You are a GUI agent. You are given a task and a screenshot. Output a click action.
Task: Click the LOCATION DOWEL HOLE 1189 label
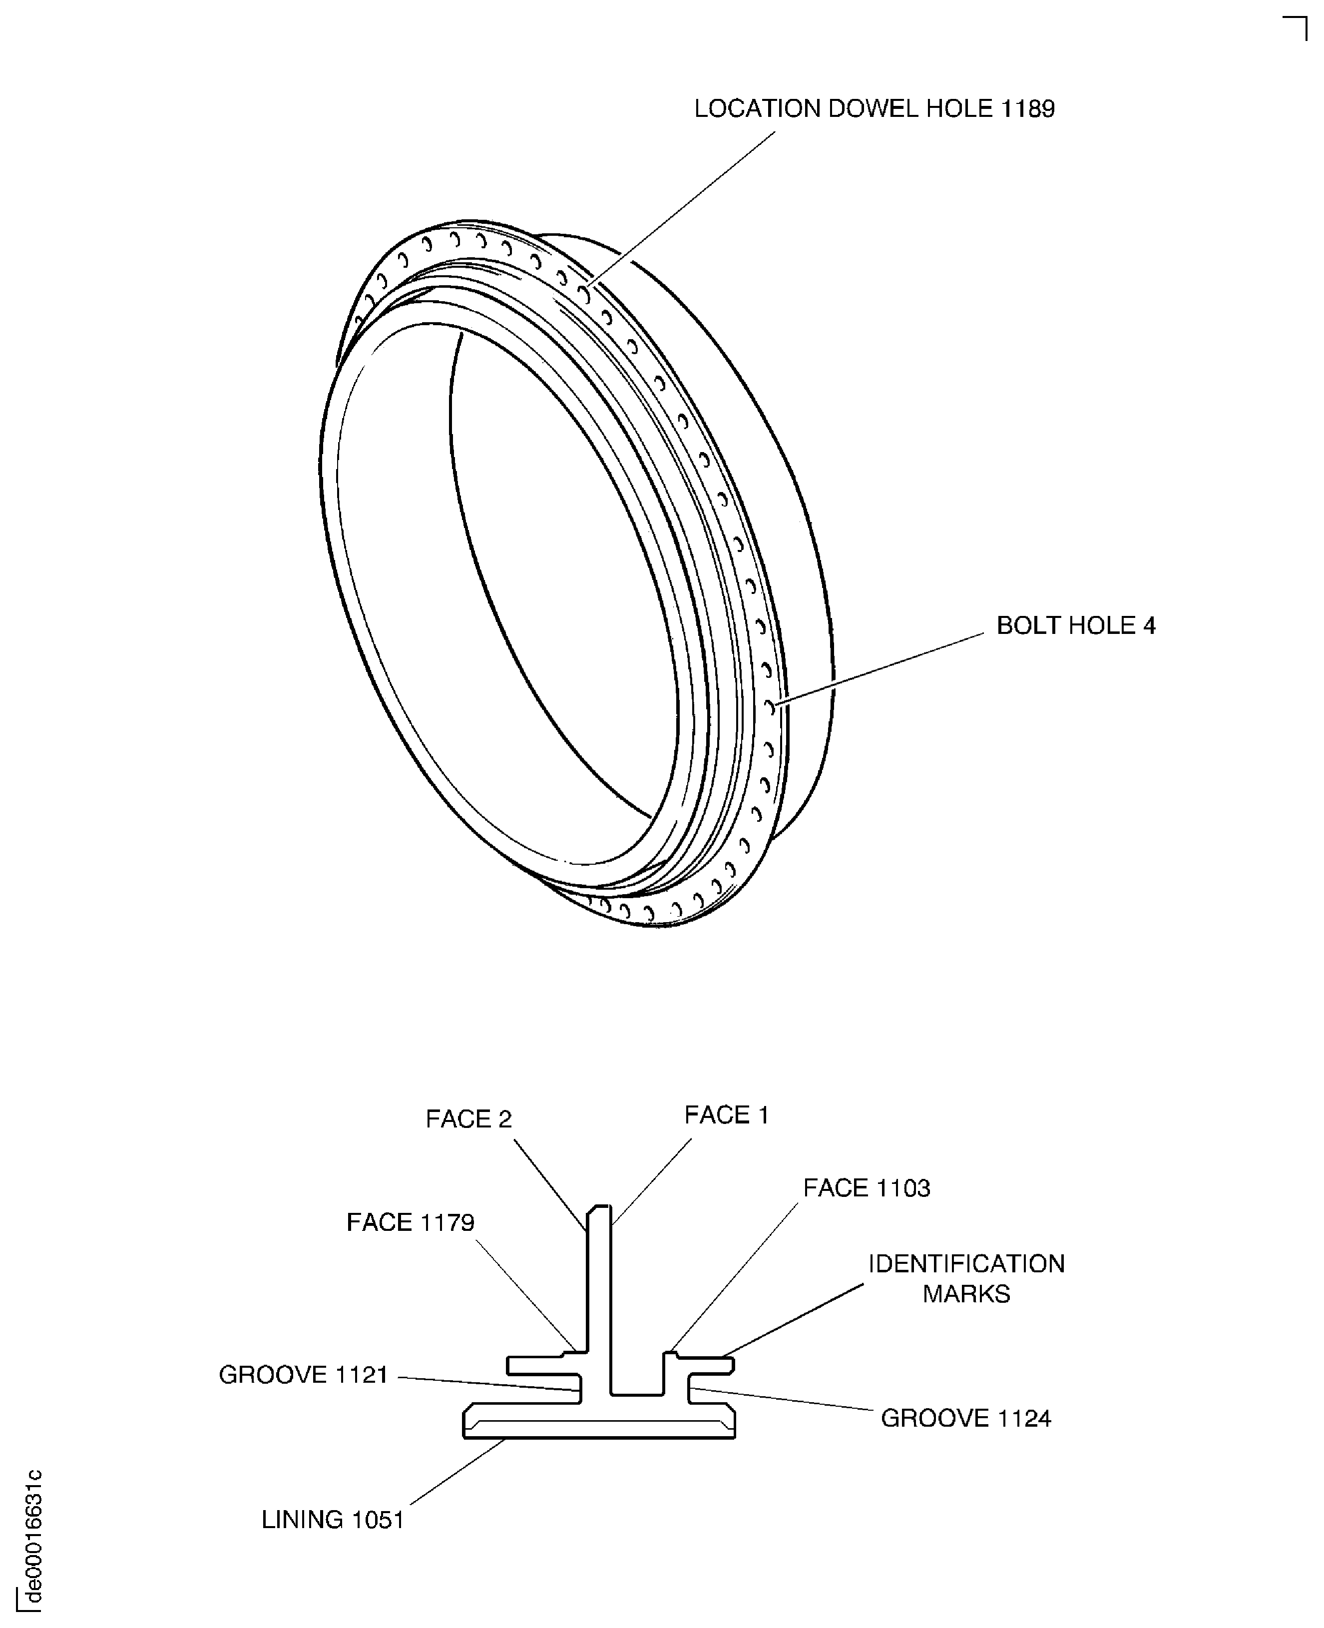(x=874, y=109)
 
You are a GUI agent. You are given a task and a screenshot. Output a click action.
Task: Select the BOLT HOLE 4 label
(x=1075, y=625)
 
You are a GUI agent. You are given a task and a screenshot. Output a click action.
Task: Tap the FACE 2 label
(x=468, y=1119)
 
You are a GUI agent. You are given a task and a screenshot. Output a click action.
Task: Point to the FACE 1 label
(x=726, y=1115)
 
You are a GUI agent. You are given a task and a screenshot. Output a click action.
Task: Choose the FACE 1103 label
(x=867, y=1188)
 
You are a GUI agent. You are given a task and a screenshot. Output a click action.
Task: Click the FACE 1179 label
(x=411, y=1222)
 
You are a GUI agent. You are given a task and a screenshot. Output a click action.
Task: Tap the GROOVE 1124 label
(x=965, y=1418)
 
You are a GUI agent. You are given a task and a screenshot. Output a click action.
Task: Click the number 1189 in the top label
(x=1027, y=109)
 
